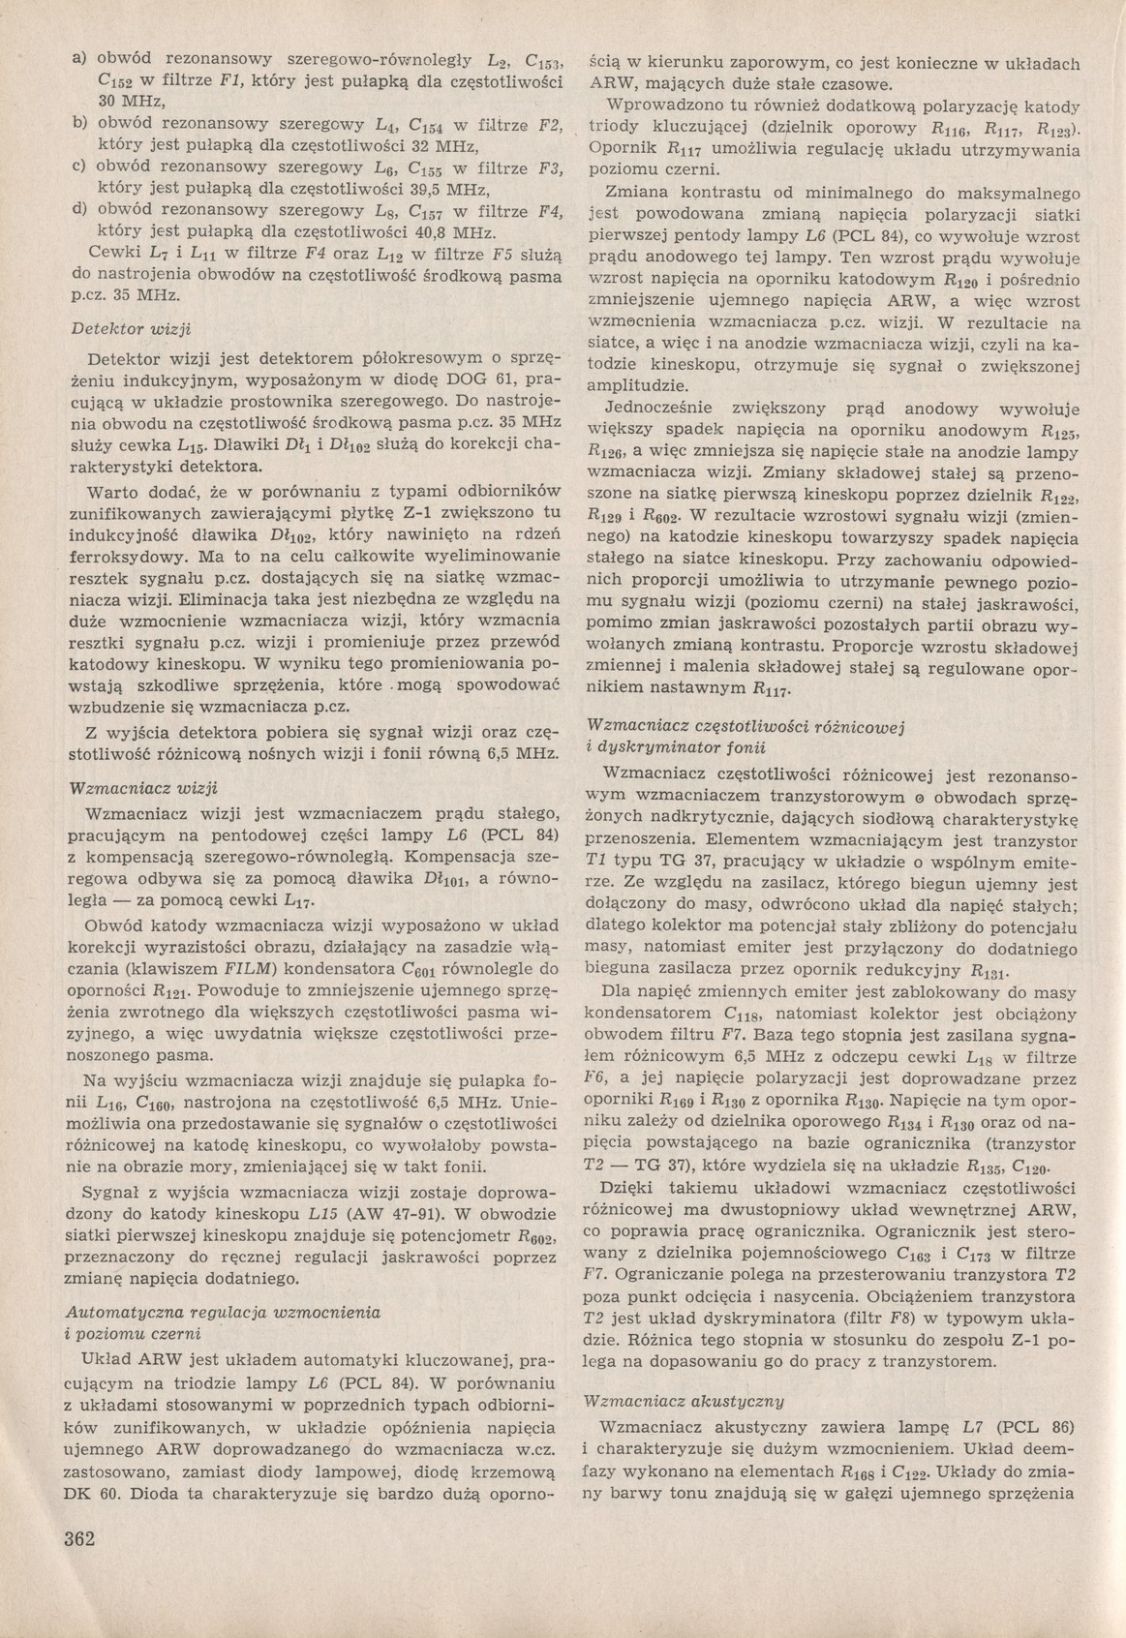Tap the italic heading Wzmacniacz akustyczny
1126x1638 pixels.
coord(691,1400)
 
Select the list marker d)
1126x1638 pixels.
coord(80,210)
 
